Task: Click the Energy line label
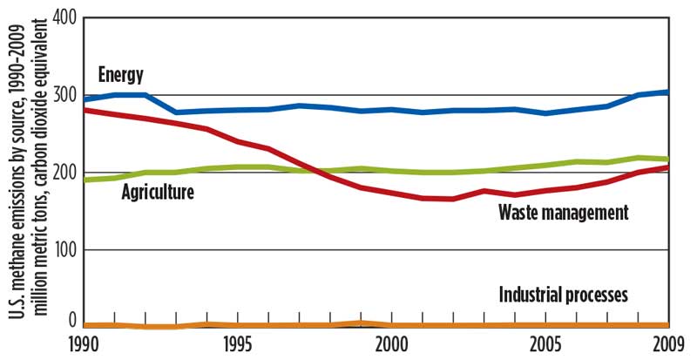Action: point(120,75)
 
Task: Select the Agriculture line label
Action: point(156,191)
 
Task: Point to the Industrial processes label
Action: point(563,295)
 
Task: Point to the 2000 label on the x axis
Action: point(390,343)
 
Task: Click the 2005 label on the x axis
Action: point(545,343)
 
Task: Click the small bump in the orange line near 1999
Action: point(360,323)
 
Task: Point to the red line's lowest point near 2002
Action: point(453,199)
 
